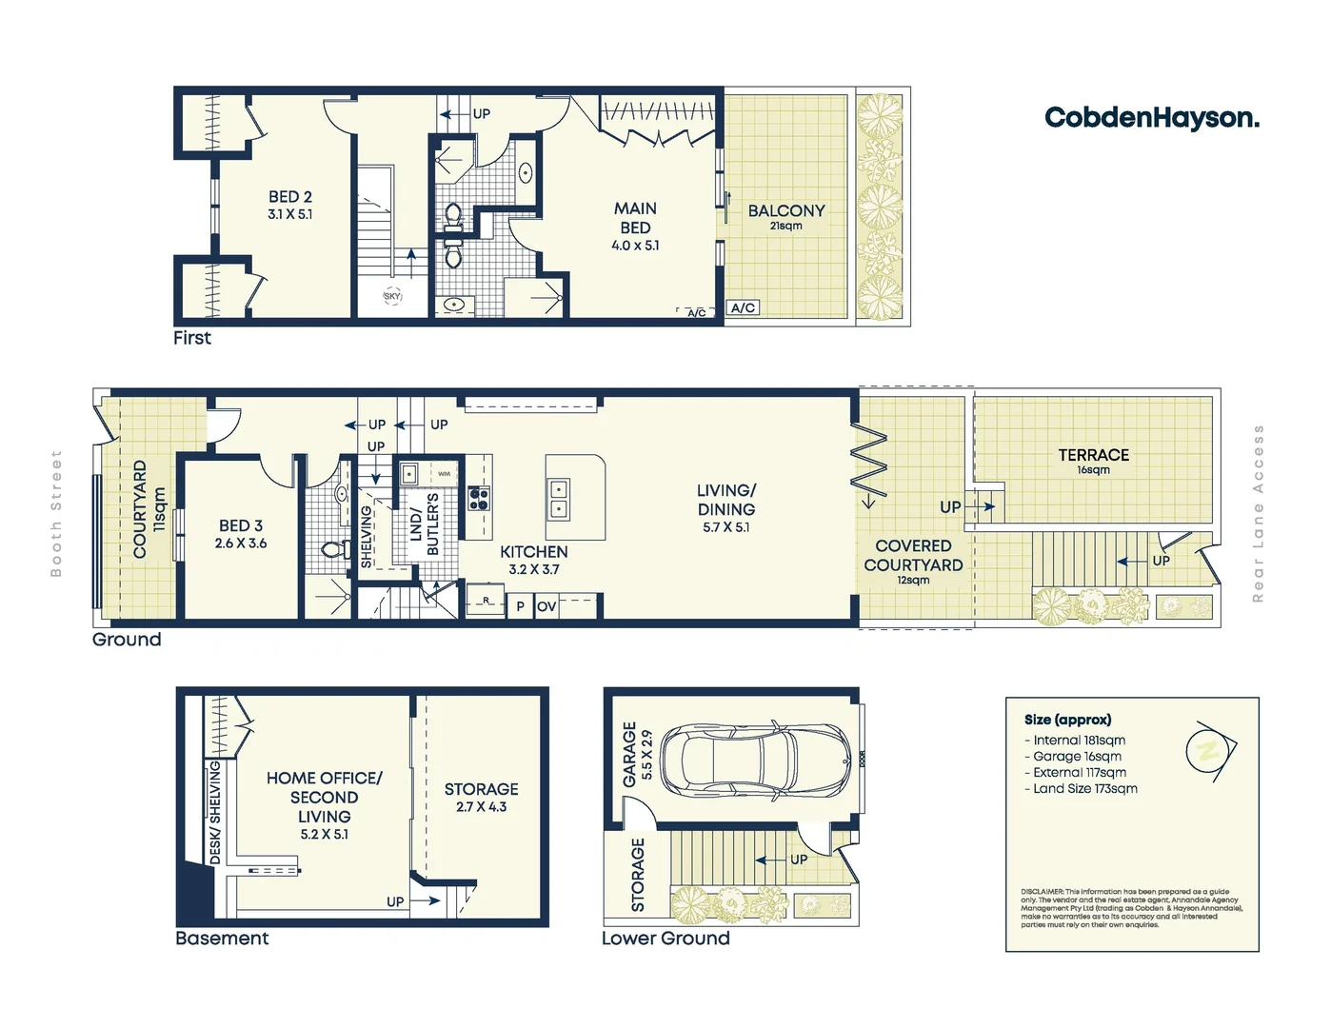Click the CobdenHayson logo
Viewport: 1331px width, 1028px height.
click(1151, 118)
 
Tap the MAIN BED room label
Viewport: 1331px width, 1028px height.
click(635, 226)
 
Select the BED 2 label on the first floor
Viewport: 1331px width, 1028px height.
click(289, 204)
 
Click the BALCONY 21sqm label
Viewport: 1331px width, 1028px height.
click(785, 216)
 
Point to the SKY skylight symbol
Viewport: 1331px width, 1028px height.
click(392, 296)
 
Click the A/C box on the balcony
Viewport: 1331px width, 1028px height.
click(743, 307)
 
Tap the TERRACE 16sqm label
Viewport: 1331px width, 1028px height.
click(1093, 461)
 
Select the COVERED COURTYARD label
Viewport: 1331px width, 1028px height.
click(913, 561)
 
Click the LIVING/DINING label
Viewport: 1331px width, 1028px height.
click(725, 507)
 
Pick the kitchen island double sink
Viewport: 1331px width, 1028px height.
click(559, 499)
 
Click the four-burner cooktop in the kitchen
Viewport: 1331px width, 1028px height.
click(479, 498)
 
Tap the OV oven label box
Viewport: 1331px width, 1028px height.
click(546, 606)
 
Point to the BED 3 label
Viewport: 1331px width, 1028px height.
click(241, 533)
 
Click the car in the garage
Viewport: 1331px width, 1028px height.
click(755, 761)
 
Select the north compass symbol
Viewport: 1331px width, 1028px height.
click(1209, 750)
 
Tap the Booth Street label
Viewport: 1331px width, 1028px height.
click(56, 514)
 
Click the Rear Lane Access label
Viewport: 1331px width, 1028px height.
click(1258, 514)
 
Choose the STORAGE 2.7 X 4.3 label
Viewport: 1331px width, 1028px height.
click(481, 797)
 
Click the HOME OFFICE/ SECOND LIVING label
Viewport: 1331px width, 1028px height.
click(324, 805)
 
